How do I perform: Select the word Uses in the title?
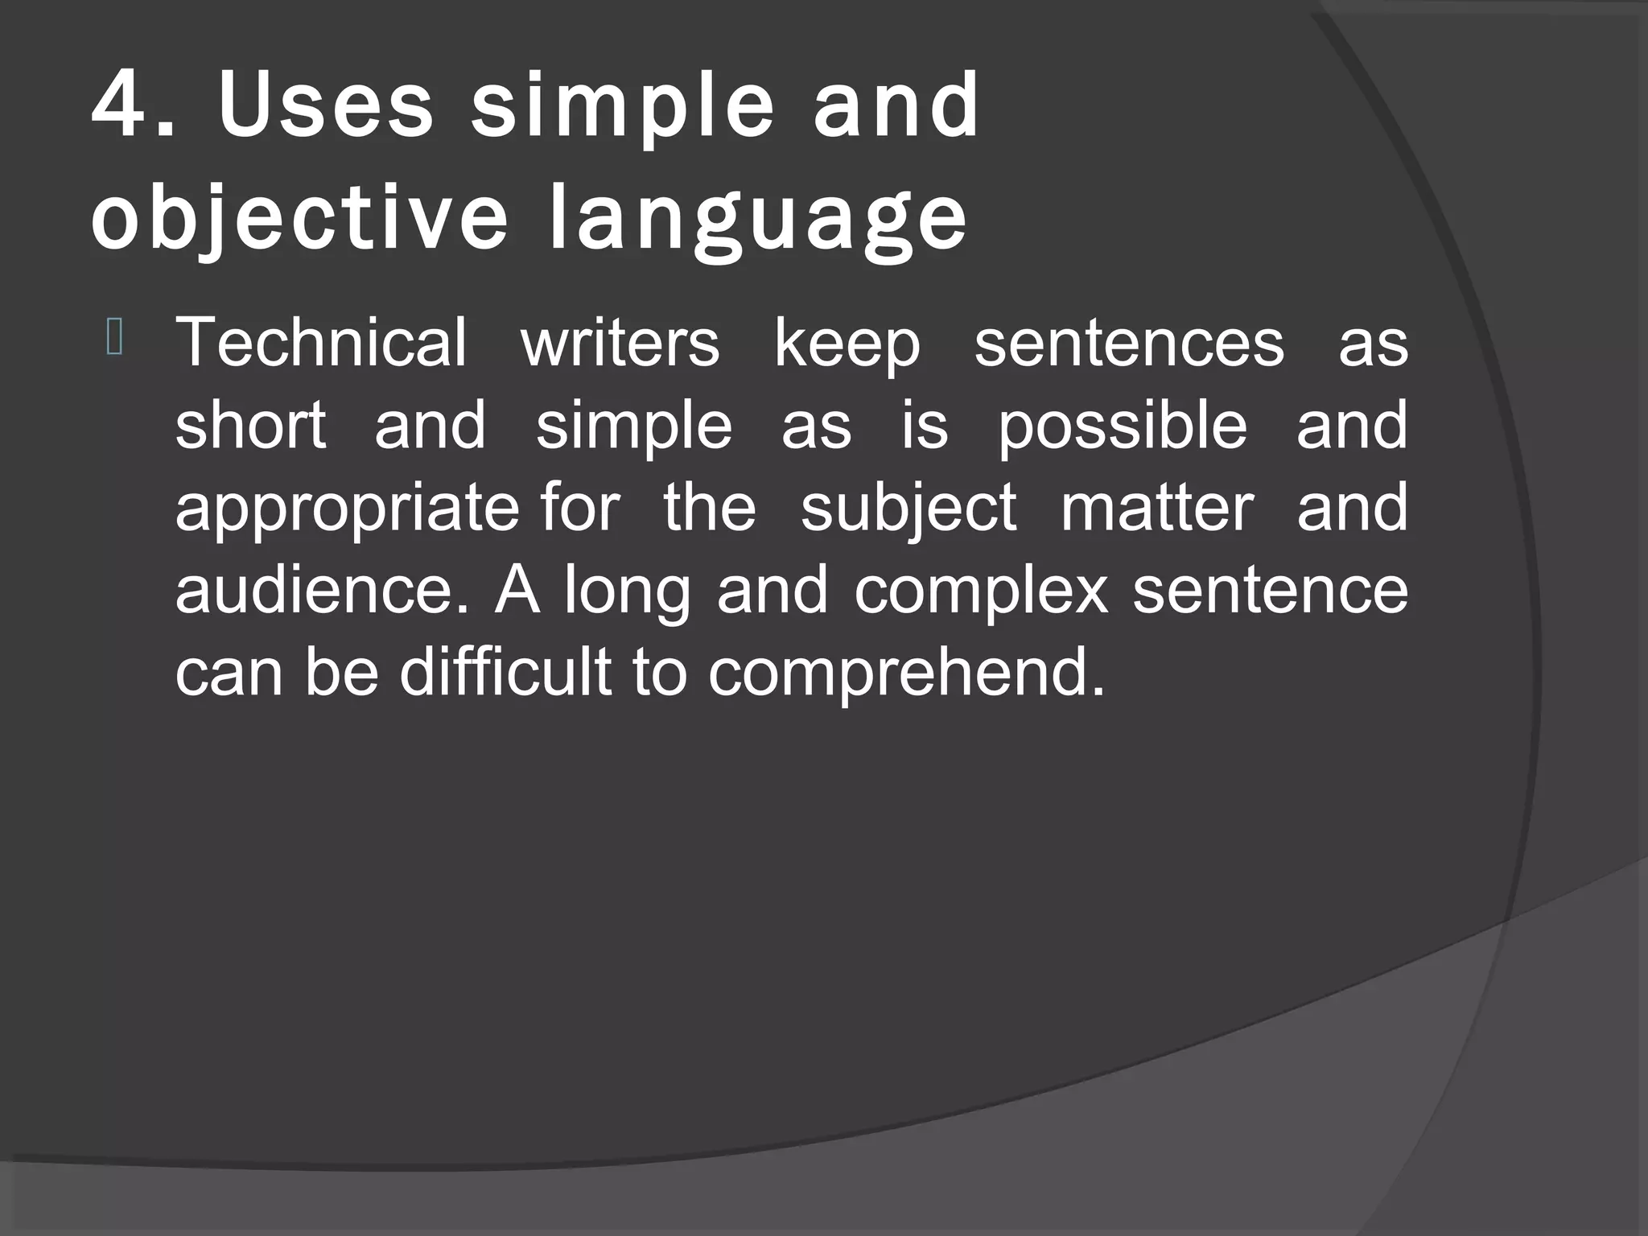pos(326,105)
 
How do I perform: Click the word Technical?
pos(321,342)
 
